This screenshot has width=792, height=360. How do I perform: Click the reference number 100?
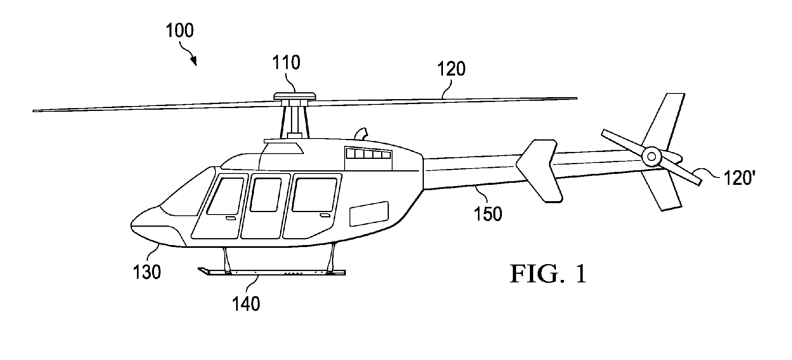pos(180,31)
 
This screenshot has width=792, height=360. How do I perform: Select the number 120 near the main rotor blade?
pos(451,69)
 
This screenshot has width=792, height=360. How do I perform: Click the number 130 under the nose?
pos(147,272)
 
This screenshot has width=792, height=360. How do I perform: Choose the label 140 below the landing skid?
pos(246,303)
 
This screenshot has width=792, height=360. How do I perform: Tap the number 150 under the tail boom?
pos(488,213)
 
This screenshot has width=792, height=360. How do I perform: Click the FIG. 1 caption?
pos(548,274)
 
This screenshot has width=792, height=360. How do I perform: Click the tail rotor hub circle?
pos(651,156)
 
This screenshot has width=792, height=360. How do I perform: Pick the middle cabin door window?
pos(265,195)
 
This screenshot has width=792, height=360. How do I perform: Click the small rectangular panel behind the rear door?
pos(369,214)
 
